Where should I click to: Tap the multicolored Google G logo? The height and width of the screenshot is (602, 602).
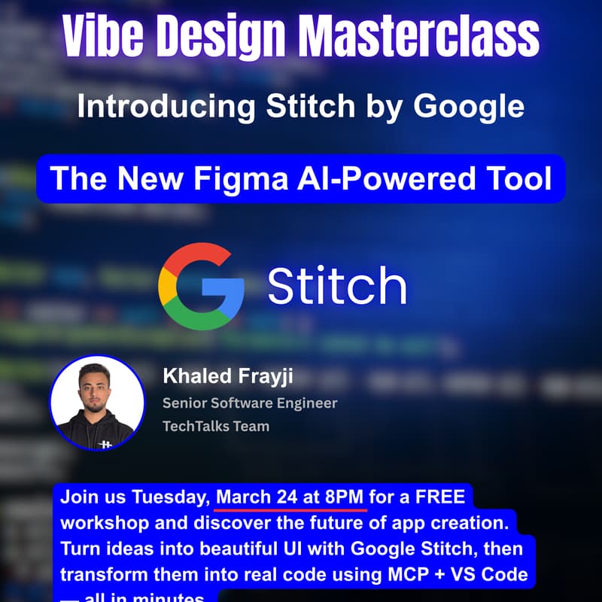(201, 287)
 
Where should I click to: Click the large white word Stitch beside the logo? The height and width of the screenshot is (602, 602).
(336, 287)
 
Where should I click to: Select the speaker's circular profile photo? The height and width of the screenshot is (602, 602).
(96, 403)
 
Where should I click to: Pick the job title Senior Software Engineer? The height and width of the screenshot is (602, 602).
(250, 403)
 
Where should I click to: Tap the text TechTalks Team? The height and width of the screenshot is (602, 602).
(215, 426)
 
